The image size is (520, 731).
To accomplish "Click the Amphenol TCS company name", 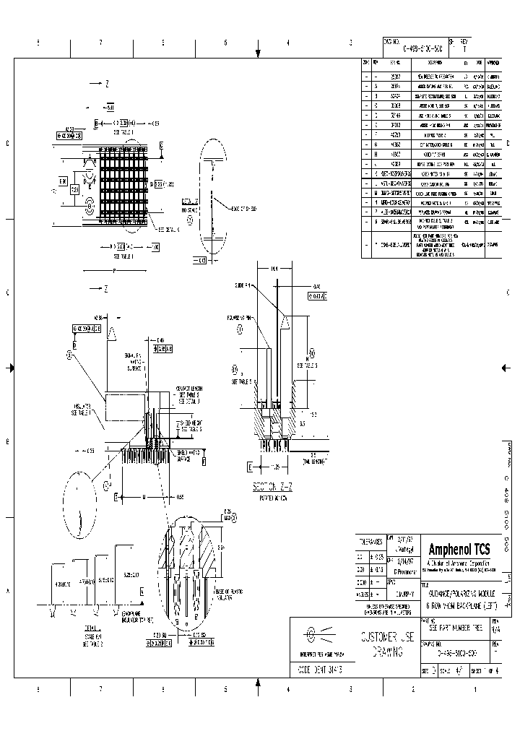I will [x=459, y=550].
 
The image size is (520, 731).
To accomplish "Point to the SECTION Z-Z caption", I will [x=269, y=487].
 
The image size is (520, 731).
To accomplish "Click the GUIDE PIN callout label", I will [x=243, y=285].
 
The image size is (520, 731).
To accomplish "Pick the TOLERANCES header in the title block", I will [x=370, y=540].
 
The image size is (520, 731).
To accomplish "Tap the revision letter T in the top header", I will [x=464, y=49].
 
